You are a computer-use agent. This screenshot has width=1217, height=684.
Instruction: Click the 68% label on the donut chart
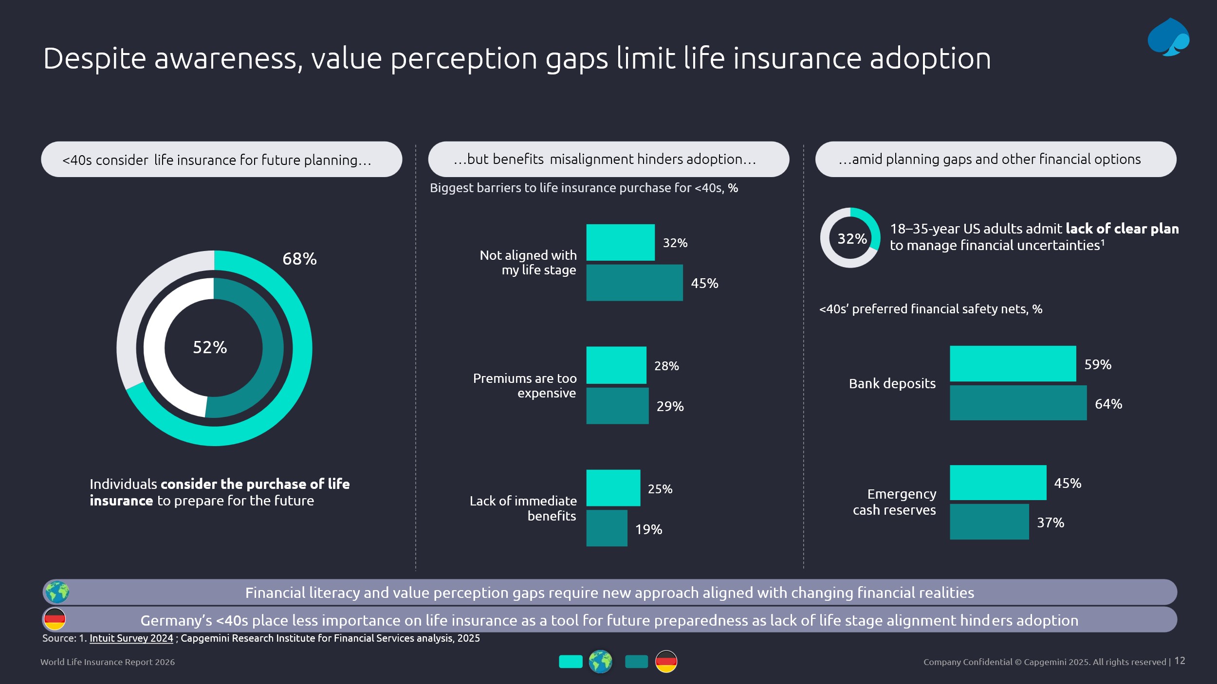[x=299, y=259]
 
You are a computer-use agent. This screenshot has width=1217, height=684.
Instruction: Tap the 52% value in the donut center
[x=210, y=347]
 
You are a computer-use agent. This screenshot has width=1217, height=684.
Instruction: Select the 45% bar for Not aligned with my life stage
[x=634, y=283]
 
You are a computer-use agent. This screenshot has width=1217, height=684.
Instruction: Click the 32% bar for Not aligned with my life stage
[x=620, y=242]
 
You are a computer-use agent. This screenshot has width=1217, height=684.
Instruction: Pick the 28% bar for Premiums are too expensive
[x=616, y=365]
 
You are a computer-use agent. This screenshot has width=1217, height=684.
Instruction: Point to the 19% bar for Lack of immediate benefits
[x=607, y=528]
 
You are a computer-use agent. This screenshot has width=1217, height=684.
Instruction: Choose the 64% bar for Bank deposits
[x=1017, y=403]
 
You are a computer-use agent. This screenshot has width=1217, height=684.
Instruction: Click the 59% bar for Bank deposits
[x=1013, y=363]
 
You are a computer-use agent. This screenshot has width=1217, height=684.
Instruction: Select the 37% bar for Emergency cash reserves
[x=989, y=522]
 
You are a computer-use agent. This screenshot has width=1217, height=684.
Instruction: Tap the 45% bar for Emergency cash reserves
[x=997, y=483]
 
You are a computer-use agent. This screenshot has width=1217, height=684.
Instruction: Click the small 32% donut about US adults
[x=850, y=238]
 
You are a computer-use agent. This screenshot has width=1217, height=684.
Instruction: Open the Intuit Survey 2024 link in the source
[x=131, y=638]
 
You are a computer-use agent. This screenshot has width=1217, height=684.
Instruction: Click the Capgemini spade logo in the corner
[x=1168, y=37]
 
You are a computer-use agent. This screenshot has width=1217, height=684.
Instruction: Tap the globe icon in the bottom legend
[x=600, y=662]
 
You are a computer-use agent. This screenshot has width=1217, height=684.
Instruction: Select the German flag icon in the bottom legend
[x=666, y=662]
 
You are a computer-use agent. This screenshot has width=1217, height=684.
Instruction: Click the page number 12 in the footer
[x=1180, y=661]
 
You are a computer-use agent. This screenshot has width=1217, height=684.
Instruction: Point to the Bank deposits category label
[x=892, y=383]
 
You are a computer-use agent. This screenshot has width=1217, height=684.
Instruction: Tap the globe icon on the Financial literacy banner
[x=57, y=592]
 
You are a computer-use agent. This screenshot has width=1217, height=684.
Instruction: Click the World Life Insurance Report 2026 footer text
[x=107, y=662]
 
